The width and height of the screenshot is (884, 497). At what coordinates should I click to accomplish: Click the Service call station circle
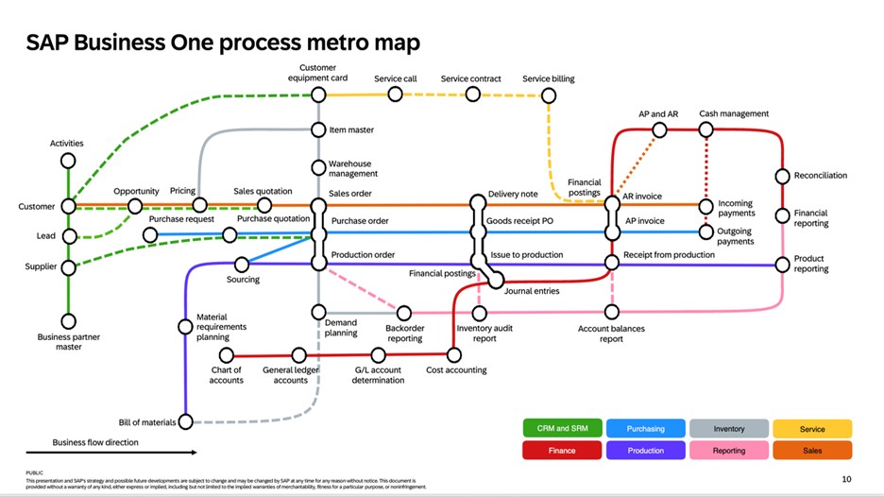[x=397, y=94]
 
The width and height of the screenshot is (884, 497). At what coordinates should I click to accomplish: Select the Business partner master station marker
[x=68, y=319]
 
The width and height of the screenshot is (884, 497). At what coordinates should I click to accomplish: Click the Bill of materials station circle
[x=186, y=421]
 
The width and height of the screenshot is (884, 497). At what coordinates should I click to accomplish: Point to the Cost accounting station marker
[x=454, y=355]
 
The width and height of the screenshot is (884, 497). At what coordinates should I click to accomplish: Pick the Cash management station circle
[x=705, y=129]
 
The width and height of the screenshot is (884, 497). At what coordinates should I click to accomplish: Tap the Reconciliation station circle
[x=782, y=176]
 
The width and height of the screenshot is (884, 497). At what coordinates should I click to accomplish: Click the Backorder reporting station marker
[x=404, y=313]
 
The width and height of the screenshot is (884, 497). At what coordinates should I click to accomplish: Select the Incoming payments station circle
[x=705, y=206]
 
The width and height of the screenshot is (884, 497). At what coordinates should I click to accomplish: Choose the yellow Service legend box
[x=812, y=429]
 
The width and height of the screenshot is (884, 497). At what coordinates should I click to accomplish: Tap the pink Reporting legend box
[x=729, y=451]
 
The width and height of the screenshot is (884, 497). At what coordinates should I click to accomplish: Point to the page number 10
[x=846, y=479]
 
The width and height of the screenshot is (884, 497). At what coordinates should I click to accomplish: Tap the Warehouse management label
[x=352, y=169]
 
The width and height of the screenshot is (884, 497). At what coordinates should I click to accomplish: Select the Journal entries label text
[x=532, y=291]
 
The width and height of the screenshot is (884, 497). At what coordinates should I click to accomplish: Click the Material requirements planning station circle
[x=186, y=327]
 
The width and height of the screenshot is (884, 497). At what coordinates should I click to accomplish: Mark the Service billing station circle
[x=549, y=94]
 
